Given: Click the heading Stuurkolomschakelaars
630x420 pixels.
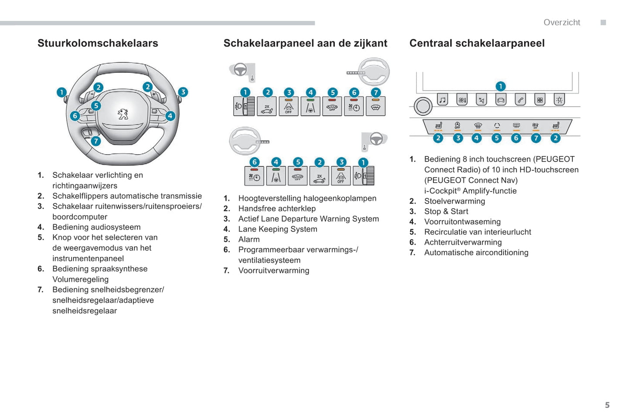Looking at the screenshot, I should click(98, 43).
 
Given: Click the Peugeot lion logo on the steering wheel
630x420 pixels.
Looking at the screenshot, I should click(123, 114).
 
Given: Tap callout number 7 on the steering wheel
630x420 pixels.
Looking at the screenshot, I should click(96, 141).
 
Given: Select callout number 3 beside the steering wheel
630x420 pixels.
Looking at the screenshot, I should click(183, 92).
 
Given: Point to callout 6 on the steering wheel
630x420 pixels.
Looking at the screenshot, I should click(75, 115).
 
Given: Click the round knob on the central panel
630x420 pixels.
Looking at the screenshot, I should click(422, 106).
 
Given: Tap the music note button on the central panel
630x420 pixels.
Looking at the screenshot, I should click(443, 100).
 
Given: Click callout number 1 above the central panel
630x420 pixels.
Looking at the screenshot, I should click(501, 86).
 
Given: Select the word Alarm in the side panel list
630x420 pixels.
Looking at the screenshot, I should click(249, 239).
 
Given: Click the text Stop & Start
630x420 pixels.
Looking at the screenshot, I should click(446, 211).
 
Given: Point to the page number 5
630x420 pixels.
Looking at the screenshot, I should click(607, 405).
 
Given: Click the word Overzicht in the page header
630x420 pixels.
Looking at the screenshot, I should click(562, 22).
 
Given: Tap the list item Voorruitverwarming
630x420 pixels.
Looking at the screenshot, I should click(274, 270).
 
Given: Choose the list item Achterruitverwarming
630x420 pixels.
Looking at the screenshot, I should click(463, 242).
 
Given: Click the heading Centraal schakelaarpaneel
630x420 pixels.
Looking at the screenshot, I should click(477, 43).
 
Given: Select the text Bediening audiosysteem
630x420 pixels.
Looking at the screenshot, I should click(96, 227).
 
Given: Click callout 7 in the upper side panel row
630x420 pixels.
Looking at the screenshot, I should click(376, 92).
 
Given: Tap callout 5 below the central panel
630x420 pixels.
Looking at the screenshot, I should click(497, 138).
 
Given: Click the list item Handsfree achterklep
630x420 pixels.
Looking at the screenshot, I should click(277, 208).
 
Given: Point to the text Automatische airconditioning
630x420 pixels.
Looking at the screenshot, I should click(476, 252).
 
